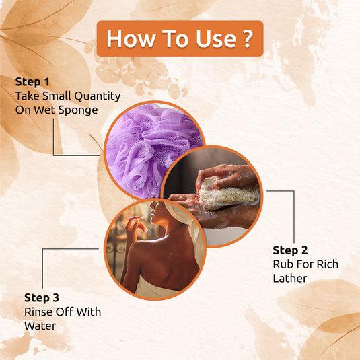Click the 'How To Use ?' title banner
179,38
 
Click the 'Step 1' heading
32,82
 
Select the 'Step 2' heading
290,250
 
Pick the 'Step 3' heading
42,297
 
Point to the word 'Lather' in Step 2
290,278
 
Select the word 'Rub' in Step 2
282,264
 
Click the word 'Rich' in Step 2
325,264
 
